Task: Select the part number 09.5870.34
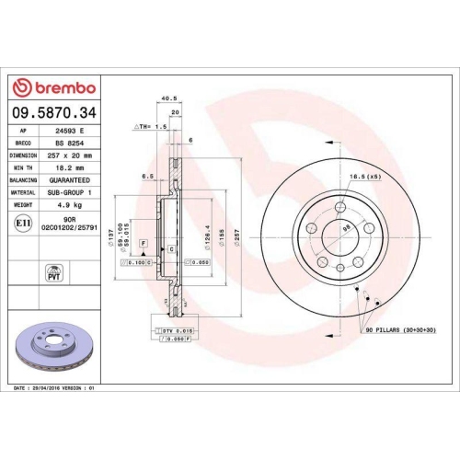pyautogui.click(x=52, y=114)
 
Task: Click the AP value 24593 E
pyautogui.click(x=69, y=132)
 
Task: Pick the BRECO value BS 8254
pyautogui.click(x=69, y=144)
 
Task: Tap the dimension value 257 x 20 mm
pyautogui.click(x=69, y=156)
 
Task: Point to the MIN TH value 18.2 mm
pyautogui.click(x=69, y=169)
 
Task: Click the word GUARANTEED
pyautogui.click(x=69, y=182)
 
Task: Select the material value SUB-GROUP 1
pyautogui.click(x=69, y=194)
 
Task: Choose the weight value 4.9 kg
pyautogui.click(x=69, y=207)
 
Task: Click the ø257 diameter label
pyautogui.click(x=236, y=235)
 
